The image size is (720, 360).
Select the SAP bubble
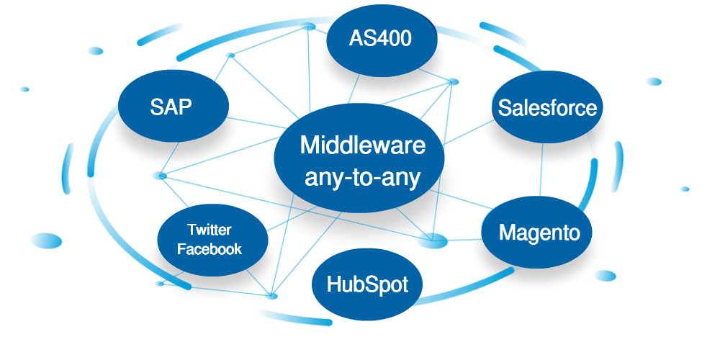pos(172,107)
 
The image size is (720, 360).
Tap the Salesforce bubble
pos(547,108)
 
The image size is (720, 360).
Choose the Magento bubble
pos(539,233)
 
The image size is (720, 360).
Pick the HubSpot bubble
pos(367,284)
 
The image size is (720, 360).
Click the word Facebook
pos(210,250)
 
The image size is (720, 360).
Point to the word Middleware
pos(362,145)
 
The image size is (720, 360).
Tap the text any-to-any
pos(362,176)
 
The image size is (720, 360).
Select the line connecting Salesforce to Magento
pos(541,169)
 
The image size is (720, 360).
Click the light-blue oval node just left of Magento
pos(432,240)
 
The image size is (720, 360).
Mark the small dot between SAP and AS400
pos(230,55)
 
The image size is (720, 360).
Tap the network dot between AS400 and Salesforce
pos(452,81)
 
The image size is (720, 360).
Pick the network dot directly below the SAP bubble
pos(159,175)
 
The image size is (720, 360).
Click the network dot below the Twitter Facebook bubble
pos(271,295)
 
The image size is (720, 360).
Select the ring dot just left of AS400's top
pos(308,26)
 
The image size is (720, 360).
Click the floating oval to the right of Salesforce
pos(654,81)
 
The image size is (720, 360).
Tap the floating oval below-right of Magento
pos(606,276)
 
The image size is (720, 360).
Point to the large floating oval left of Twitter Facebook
pos(46,240)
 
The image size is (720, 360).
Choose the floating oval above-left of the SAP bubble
pos(95,50)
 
